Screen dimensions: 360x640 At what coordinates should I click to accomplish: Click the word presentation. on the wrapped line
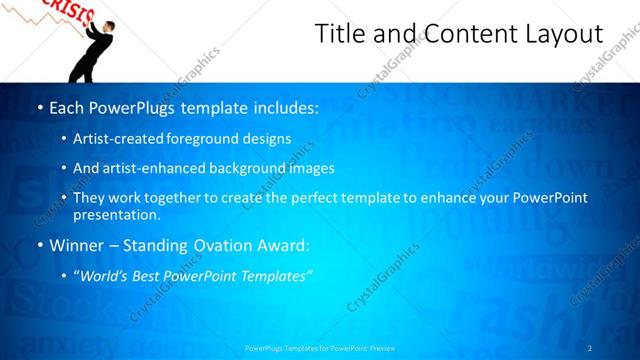(x=116, y=214)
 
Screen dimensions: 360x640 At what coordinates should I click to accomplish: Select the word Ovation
(x=219, y=244)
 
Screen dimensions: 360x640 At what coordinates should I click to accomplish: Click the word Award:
(x=286, y=244)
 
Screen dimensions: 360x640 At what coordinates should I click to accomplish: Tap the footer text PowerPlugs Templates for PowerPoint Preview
(x=320, y=348)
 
